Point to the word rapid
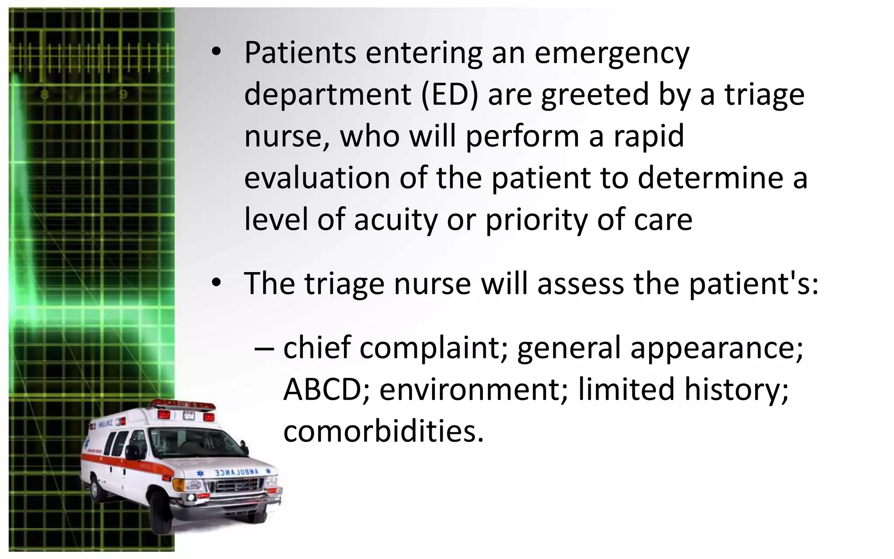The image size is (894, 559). click(x=649, y=137)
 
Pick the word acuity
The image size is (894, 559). click(x=395, y=220)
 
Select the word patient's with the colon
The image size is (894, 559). click(x=753, y=283)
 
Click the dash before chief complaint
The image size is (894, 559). click(x=264, y=349)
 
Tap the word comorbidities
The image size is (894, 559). click(x=383, y=431)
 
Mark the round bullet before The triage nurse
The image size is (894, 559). click(x=215, y=283)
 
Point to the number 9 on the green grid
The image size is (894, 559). click(x=124, y=94)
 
